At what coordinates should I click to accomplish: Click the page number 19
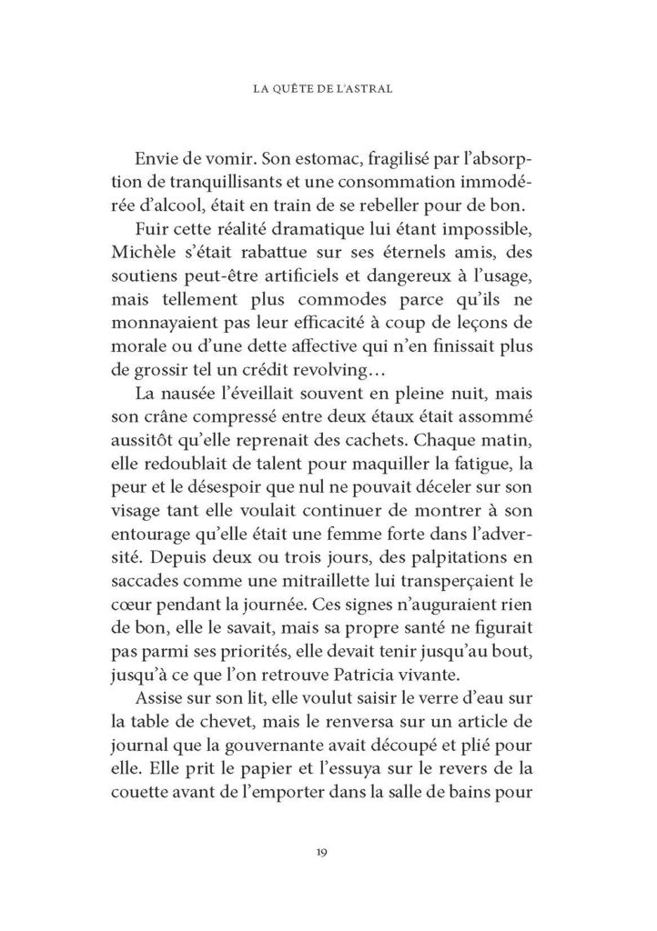tap(328, 852)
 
